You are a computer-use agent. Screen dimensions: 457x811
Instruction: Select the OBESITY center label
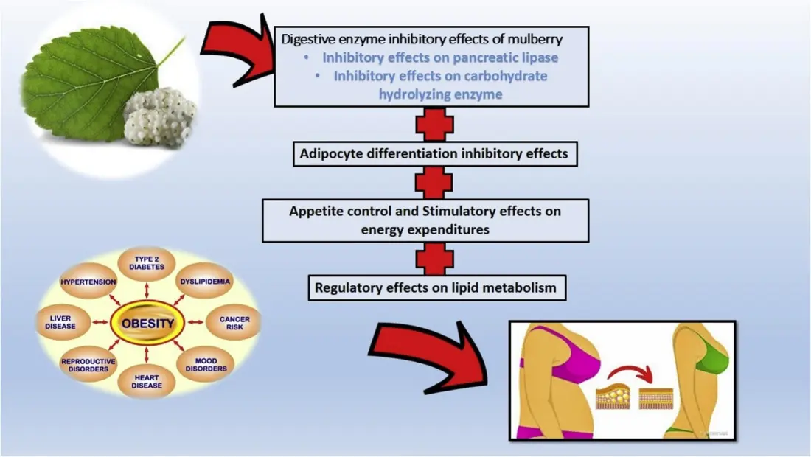(x=148, y=323)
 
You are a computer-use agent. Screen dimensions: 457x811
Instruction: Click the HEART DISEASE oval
(x=147, y=380)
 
